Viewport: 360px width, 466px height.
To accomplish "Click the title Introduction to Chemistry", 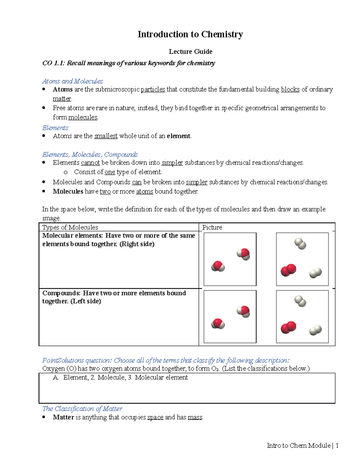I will click(190, 35).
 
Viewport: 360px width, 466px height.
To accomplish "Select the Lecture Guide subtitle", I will click(190, 52).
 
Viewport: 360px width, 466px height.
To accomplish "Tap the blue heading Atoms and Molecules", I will click(73, 81).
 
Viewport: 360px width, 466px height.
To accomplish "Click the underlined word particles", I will click(153, 89).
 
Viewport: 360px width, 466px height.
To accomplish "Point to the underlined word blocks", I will click(290, 89).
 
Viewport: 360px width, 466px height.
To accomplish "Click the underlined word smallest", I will click(106, 136).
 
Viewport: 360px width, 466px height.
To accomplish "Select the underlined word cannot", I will click(90, 163).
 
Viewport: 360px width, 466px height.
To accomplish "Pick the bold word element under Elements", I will click(178, 136).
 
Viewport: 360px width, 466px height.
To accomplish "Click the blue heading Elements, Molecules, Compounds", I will click(90, 155).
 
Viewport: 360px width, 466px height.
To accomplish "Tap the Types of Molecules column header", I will click(70, 227).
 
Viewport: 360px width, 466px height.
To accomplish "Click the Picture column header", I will click(212, 227).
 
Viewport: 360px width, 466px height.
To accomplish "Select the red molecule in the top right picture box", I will click(288, 270).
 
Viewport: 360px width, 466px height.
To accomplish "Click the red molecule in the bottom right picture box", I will click(288, 327).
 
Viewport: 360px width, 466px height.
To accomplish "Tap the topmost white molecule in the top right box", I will click(300, 244).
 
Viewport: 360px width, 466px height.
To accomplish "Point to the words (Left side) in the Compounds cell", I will click(85, 301).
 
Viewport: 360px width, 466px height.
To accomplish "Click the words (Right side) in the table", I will click(137, 244).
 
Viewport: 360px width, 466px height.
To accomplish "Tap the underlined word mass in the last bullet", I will click(195, 417).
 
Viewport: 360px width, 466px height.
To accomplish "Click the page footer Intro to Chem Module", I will click(299, 446).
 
